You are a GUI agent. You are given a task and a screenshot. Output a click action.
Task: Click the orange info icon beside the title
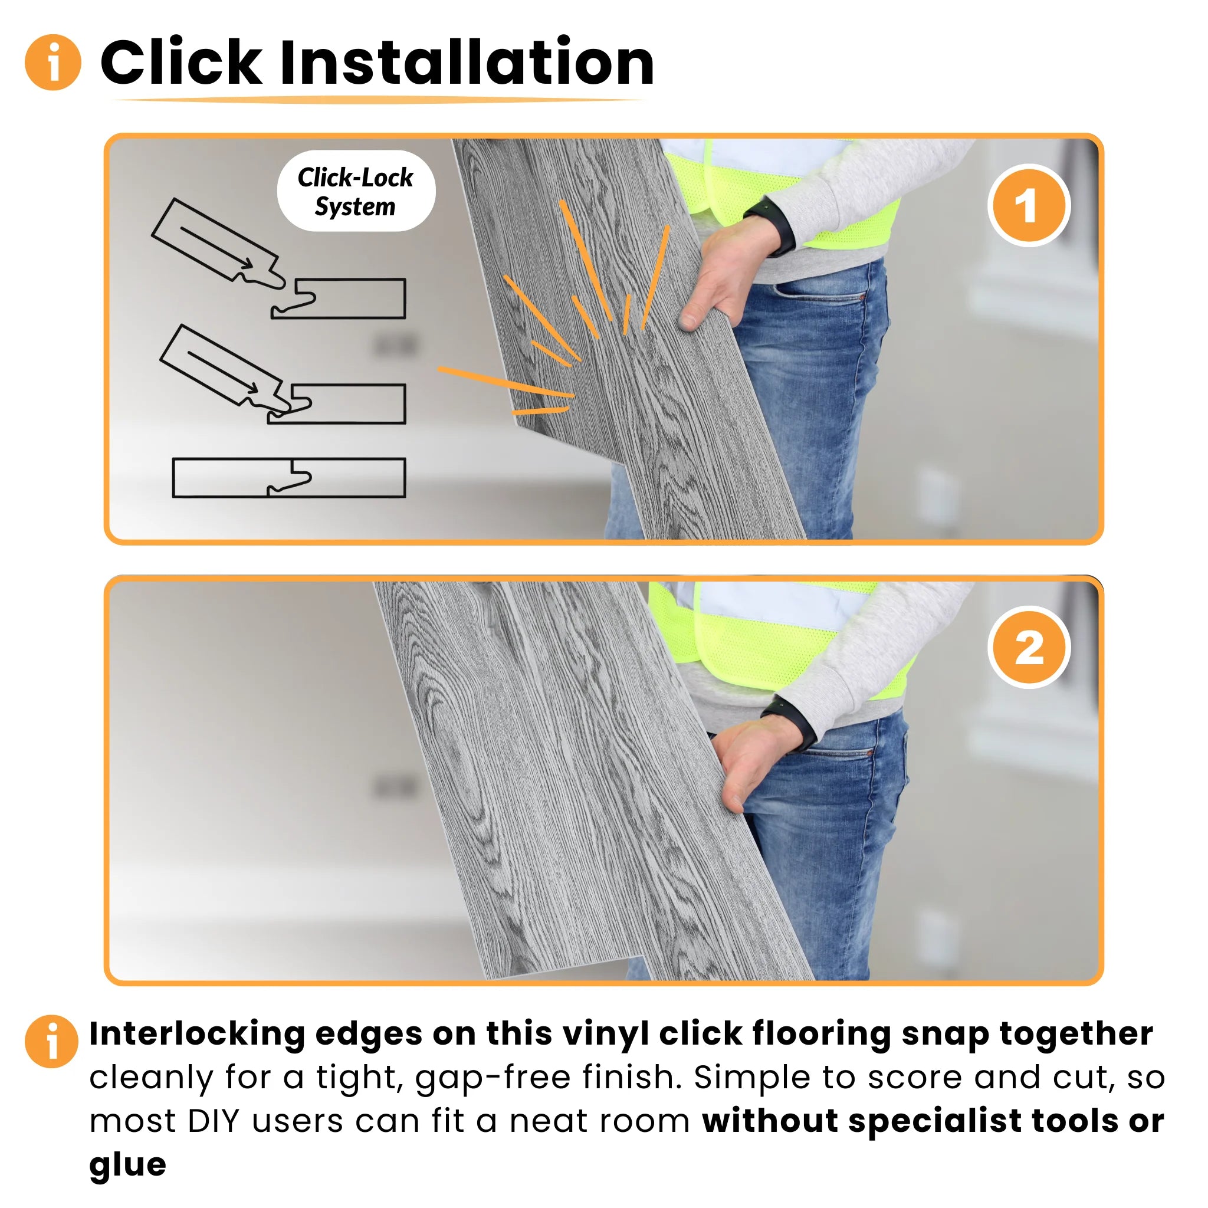pyautogui.click(x=52, y=62)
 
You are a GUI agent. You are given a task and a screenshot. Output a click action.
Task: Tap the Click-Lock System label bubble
pyautogui.click(x=356, y=191)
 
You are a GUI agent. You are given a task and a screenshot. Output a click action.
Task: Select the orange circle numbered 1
pyautogui.click(x=1028, y=206)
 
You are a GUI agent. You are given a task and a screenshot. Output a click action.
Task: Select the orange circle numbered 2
pyautogui.click(x=1028, y=648)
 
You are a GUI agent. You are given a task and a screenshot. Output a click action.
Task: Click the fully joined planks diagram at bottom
pyautogui.click(x=289, y=478)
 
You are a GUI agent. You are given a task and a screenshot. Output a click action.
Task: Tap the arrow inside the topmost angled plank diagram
pyautogui.click(x=216, y=248)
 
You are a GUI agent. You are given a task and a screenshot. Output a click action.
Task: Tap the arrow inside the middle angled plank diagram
pyautogui.click(x=222, y=373)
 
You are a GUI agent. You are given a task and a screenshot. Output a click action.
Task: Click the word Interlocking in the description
pyautogui.click(x=197, y=1033)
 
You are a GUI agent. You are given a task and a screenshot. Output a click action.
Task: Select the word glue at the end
pyautogui.click(x=127, y=1164)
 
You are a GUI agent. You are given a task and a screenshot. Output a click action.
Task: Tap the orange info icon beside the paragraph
pyautogui.click(x=52, y=1041)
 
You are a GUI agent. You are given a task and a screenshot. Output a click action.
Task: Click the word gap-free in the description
pyautogui.click(x=493, y=1077)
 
